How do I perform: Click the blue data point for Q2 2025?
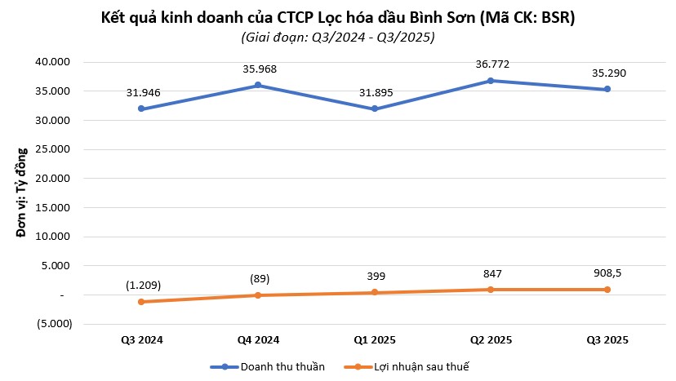pos(491,81)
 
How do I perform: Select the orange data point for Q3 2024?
pos(142,302)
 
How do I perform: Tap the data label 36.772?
pos(491,63)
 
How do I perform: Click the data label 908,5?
pos(607,272)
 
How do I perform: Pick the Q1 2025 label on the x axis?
pos(374,339)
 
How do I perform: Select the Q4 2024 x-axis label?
pos(258,339)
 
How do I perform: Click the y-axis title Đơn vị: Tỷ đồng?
pos(22,193)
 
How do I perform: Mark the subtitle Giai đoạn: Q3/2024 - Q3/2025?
pos(338,37)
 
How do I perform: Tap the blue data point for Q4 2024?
pos(258,85)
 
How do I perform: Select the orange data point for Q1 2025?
pos(374,292)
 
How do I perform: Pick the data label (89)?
pos(258,278)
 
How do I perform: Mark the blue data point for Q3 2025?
pos(607,89)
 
